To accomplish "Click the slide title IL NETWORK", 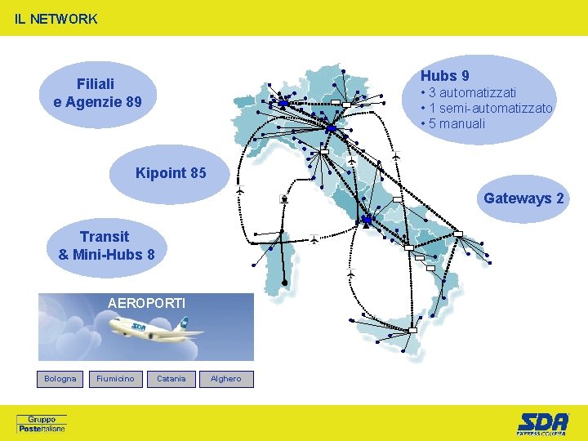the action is pos(56,19).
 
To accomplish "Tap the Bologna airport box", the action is pos(60,379).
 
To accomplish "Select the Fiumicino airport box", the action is pos(115,379).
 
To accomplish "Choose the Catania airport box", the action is pos(171,379).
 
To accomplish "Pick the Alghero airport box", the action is pos(226,379).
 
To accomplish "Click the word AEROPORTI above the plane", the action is pos(147,303).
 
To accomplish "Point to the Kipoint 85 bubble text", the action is pos(171,173).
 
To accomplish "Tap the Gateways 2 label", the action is pos(523,198).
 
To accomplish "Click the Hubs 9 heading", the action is pos(444,76).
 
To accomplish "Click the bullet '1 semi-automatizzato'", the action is pos(486,108).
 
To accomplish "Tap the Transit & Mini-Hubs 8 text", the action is pos(106,245).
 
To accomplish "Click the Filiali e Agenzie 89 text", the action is pos(96,93).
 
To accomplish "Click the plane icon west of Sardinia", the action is pos(240,191).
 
